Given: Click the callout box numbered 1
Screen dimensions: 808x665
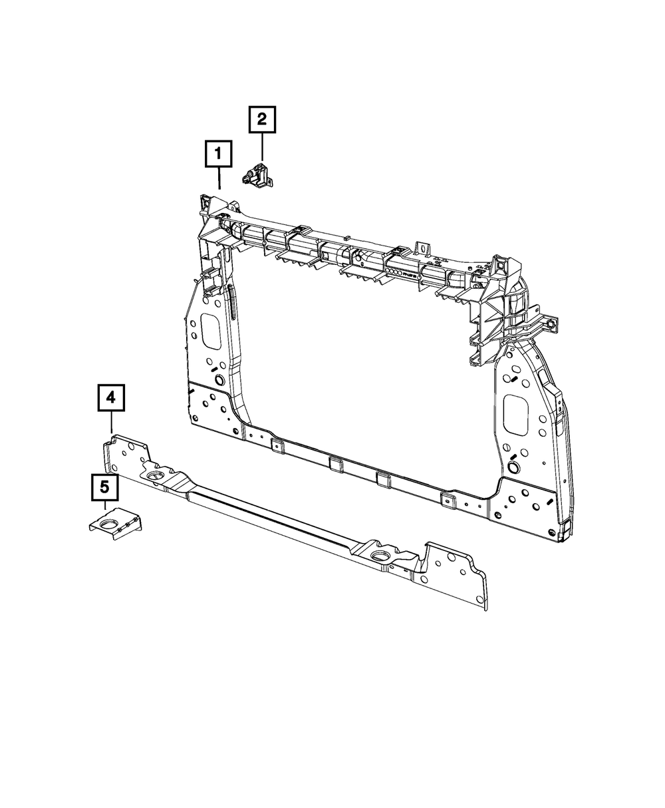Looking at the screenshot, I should [219, 154].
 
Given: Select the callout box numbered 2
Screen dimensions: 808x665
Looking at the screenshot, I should [262, 120].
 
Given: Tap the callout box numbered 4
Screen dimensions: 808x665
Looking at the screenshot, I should [110, 399].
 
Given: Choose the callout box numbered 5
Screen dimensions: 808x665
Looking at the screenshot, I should [104, 488].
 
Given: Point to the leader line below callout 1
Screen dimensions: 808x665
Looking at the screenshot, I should [219, 179].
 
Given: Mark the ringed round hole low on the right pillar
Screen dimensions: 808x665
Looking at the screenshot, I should [513, 463].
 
